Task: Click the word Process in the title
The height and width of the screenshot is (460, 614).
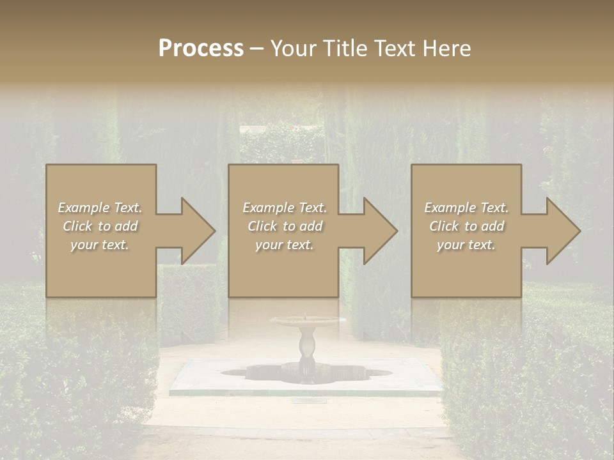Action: (201, 49)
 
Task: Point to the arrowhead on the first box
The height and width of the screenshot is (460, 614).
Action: (195, 231)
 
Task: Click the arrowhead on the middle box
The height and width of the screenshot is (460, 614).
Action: (377, 231)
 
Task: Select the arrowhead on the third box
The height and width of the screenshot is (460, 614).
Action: (560, 231)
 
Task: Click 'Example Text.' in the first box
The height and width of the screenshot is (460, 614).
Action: (100, 208)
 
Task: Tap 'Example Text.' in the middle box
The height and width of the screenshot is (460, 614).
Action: (285, 208)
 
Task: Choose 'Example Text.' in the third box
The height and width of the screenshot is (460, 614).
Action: (466, 208)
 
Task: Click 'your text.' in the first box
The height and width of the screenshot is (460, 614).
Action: (100, 245)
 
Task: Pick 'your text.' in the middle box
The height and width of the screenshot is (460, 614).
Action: (285, 245)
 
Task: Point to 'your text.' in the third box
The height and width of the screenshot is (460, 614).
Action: (466, 245)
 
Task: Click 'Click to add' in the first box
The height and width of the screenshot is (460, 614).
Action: (100, 226)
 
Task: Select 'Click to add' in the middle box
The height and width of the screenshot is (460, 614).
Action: (285, 226)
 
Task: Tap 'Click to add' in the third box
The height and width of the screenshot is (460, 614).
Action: (466, 226)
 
